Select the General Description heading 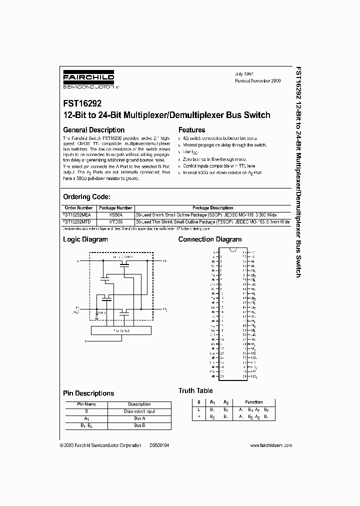pos(93,130)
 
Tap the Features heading pos(191,130)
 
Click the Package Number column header pos(115,207)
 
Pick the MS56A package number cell pos(115,213)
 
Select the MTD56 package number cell pos(115,219)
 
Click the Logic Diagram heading pos(85,239)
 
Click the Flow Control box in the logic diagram pos(120,330)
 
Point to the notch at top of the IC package pos(232,249)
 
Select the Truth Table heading pos(195,390)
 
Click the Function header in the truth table pos(253,402)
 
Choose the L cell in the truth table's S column pos(198,409)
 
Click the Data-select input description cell pos(139,411)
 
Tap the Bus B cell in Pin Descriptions pos(139,425)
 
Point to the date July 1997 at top pos(245,73)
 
